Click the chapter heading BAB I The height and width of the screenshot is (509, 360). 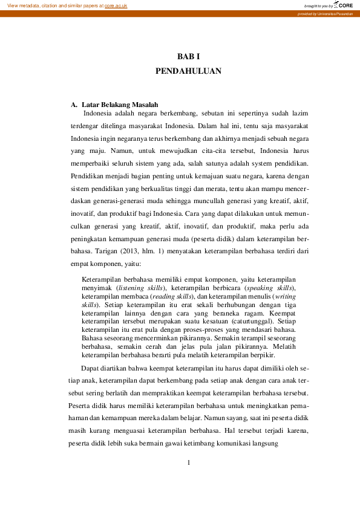click(188, 56)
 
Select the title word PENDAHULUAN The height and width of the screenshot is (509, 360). click(188, 71)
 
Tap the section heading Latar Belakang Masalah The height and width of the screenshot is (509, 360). click(120, 105)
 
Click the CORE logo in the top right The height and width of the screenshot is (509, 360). click(344, 5)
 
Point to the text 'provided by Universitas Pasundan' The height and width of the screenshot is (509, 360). click(325, 13)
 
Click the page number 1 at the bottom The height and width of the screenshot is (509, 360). click(188, 463)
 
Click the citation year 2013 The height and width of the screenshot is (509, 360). click(128, 250)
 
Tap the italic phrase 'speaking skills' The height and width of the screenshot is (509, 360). click(269, 288)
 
